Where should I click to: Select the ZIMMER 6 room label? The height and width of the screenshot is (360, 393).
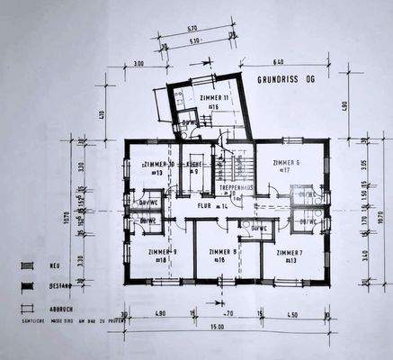(x=286, y=163)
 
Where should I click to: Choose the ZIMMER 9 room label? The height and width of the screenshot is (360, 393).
(x=162, y=252)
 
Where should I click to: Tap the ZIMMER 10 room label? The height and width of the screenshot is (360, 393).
(x=159, y=164)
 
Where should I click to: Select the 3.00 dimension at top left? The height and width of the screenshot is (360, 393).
(x=139, y=64)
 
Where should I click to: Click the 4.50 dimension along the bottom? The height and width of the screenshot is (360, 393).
(x=293, y=314)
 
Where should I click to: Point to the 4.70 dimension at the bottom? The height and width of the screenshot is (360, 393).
(x=228, y=314)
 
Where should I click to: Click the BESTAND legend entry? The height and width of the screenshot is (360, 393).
(x=57, y=287)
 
